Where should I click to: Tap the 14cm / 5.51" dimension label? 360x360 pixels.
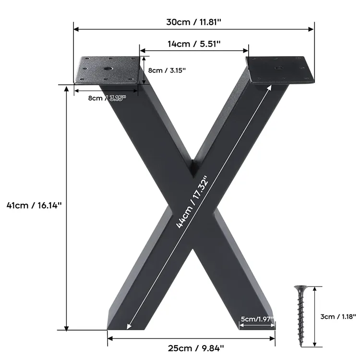[194, 44]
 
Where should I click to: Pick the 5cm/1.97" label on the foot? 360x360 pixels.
[257, 319]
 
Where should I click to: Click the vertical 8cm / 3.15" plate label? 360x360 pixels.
[167, 70]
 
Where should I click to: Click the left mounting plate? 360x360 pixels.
[108, 70]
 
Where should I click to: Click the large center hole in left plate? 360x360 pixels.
[107, 69]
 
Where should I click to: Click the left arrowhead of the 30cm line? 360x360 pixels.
[75, 29]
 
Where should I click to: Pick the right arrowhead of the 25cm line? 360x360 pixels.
[274, 338]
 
